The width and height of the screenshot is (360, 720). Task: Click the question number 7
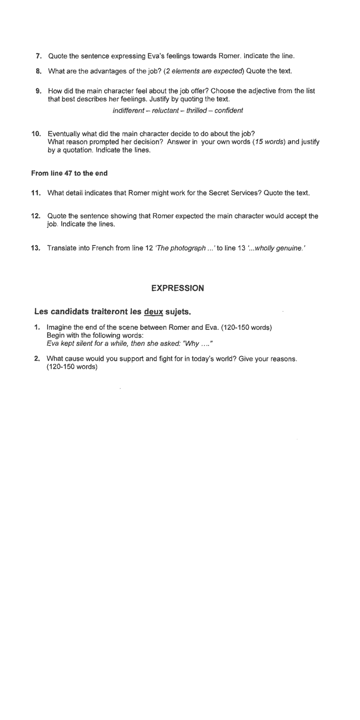pyautogui.click(x=39, y=56)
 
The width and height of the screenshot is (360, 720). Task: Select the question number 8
pyautogui.click(x=39, y=71)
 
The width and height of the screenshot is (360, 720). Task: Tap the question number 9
pyautogui.click(x=39, y=91)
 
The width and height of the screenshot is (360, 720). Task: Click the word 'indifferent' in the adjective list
pyautogui.click(x=128, y=111)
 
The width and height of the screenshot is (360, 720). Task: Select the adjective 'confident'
pyautogui.click(x=229, y=111)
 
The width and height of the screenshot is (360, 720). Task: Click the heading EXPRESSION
pyautogui.click(x=178, y=288)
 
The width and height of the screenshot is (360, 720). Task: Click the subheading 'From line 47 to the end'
pyautogui.click(x=69, y=173)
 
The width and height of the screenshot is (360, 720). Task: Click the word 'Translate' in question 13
pyautogui.click(x=61, y=248)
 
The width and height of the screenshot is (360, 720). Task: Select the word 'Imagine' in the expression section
pyautogui.click(x=59, y=328)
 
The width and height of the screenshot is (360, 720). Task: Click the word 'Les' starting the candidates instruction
pyautogui.click(x=41, y=312)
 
